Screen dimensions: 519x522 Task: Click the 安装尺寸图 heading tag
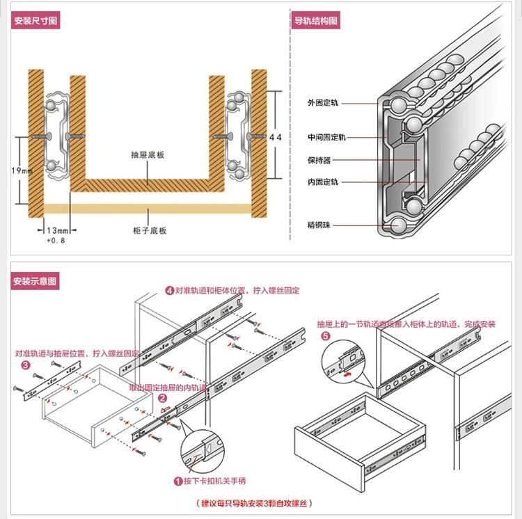point(35,21)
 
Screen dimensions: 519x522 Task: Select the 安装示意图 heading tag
point(35,282)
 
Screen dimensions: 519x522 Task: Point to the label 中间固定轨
point(326,138)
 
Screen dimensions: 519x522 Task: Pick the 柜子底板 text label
point(149,230)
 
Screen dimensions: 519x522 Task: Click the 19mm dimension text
point(22,171)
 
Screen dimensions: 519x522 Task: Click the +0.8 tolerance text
point(56,240)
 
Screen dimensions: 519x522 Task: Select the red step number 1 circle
point(178,480)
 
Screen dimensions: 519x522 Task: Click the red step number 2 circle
point(162,399)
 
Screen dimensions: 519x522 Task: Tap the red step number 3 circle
point(26,365)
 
